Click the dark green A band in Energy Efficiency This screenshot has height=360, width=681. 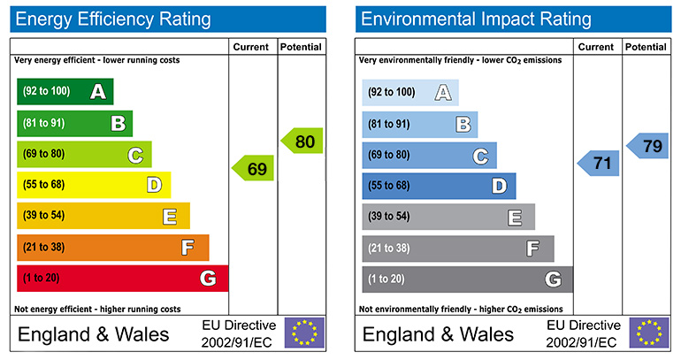65,91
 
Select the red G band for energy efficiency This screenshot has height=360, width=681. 122,279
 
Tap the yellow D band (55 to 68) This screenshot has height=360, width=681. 93,185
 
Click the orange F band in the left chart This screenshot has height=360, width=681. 112,248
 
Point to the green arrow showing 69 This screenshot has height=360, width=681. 254,168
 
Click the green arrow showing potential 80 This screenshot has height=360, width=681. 302,141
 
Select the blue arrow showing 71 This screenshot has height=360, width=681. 599,163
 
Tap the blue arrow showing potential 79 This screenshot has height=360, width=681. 648,146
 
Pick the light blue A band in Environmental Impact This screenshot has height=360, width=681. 409,92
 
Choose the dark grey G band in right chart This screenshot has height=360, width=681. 467,280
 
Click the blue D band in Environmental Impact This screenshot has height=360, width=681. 438,186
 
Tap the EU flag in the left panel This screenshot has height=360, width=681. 304,333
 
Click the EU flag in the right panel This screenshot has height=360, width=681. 649,333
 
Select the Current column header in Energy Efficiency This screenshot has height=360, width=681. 253,46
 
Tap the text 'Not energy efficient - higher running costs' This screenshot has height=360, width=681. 98,310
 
